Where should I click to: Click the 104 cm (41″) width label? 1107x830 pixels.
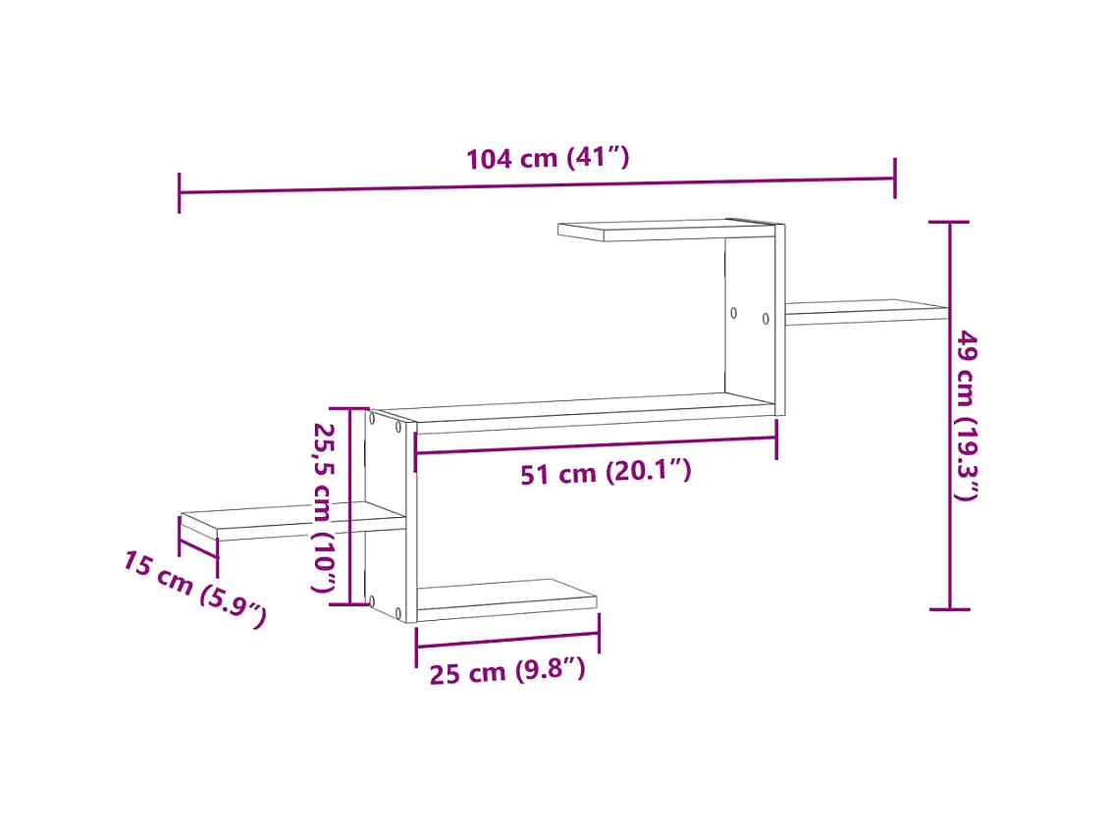547,157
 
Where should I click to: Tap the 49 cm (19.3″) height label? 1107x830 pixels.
967,415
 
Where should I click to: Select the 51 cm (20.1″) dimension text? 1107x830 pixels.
606,473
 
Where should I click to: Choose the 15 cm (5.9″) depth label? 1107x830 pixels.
194,589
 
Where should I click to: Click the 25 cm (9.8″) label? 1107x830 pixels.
507,672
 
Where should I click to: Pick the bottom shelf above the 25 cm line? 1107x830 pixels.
505,598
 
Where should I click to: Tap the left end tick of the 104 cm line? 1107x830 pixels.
180,192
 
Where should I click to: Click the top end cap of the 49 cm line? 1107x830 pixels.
949,223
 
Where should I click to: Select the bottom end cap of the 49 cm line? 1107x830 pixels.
949,609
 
